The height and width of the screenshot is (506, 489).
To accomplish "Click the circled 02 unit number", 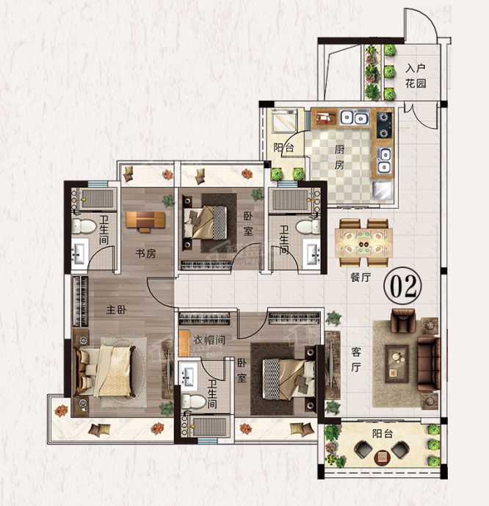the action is [x=402, y=286].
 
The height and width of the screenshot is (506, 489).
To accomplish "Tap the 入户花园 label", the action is [x=416, y=76].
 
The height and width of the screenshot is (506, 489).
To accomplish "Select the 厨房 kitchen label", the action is [x=339, y=157].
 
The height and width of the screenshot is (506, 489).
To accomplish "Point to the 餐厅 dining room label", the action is [x=361, y=277].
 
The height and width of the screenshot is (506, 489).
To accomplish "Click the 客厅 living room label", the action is [x=356, y=360].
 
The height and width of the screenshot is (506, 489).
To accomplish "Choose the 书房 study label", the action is [x=146, y=253].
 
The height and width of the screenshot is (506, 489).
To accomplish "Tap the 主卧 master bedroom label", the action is [x=117, y=310].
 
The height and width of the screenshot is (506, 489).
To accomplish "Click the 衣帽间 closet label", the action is [x=209, y=339].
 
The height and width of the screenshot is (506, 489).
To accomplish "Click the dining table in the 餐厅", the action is [x=363, y=242].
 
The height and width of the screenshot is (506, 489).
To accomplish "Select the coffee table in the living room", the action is [x=396, y=364].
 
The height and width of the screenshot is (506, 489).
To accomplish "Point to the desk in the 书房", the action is [x=145, y=220].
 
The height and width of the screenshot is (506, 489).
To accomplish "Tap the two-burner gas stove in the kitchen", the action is [x=385, y=125].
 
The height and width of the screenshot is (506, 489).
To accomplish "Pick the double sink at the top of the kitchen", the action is [x=355, y=118].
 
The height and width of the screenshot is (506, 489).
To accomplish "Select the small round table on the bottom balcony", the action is [x=383, y=457].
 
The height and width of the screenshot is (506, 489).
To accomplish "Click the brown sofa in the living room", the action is [x=429, y=364].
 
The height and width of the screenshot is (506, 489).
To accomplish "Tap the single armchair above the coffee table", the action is [x=403, y=321].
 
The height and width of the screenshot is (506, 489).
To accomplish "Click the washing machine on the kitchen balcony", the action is [x=284, y=120].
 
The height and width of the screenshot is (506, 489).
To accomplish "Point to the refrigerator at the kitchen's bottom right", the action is [x=383, y=189].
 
